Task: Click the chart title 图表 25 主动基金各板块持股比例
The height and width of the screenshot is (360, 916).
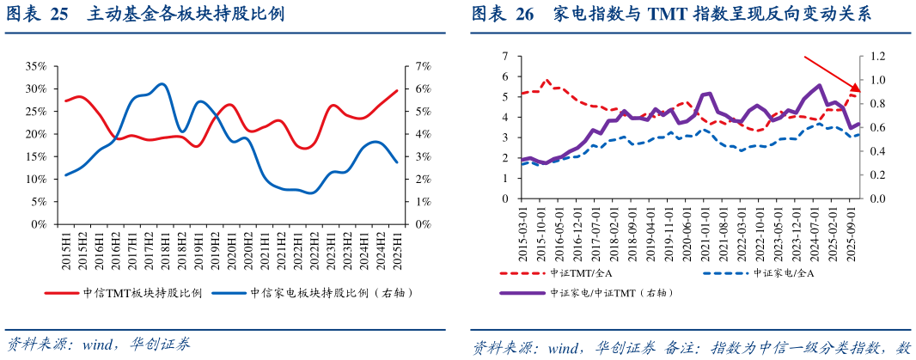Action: click(x=145, y=15)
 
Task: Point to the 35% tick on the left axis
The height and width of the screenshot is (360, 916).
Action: click(x=35, y=66)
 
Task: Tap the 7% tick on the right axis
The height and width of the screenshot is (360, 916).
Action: click(x=423, y=66)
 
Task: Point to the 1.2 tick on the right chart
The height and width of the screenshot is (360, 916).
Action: click(x=876, y=57)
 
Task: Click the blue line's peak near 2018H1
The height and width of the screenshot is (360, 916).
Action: click(x=162, y=84)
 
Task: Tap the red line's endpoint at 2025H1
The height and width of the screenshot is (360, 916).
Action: click(x=397, y=90)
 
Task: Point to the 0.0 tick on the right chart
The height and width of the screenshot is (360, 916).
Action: click(x=876, y=198)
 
